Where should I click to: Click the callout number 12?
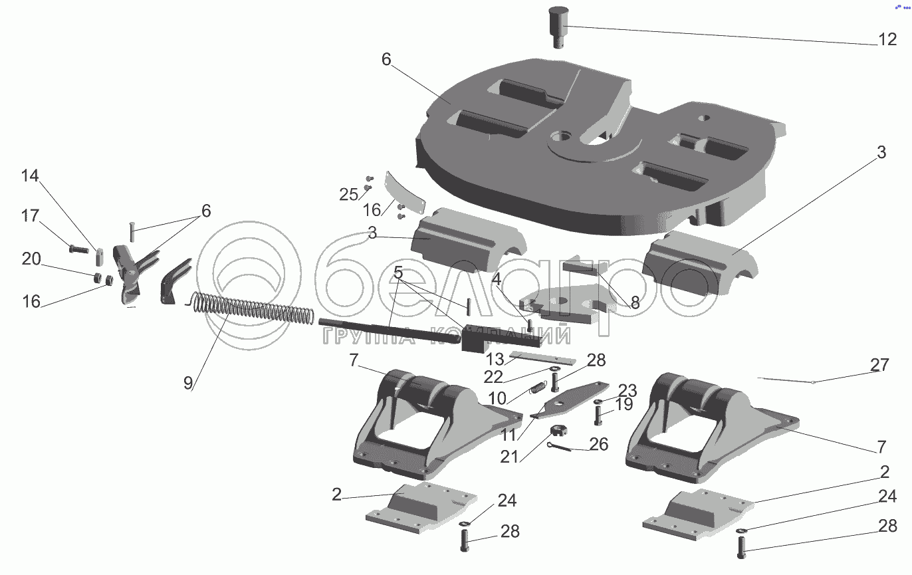887,39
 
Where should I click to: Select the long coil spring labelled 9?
253,310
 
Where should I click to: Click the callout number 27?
879,366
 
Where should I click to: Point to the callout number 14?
30,176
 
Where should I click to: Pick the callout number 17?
30,216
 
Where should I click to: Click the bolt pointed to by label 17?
78,249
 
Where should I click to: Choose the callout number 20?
31,259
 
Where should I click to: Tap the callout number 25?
348,195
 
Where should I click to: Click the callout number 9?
188,383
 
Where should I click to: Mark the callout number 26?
599,443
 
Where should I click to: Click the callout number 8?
635,303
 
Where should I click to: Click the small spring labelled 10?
537,388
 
